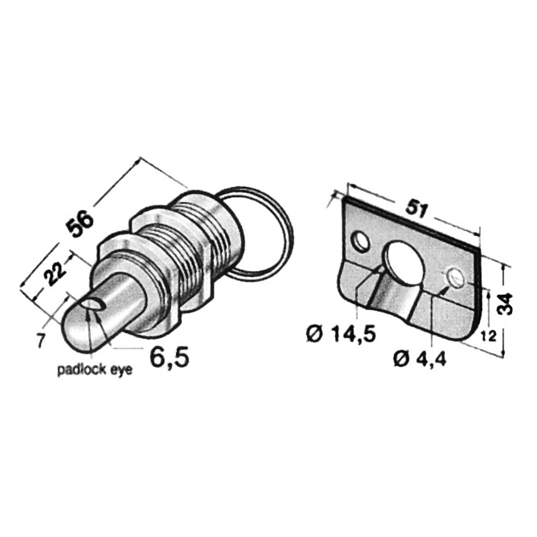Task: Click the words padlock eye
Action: pyautogui.click(x=95, y=371)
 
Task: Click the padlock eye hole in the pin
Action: pyautogui.click(x=94, y=304)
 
